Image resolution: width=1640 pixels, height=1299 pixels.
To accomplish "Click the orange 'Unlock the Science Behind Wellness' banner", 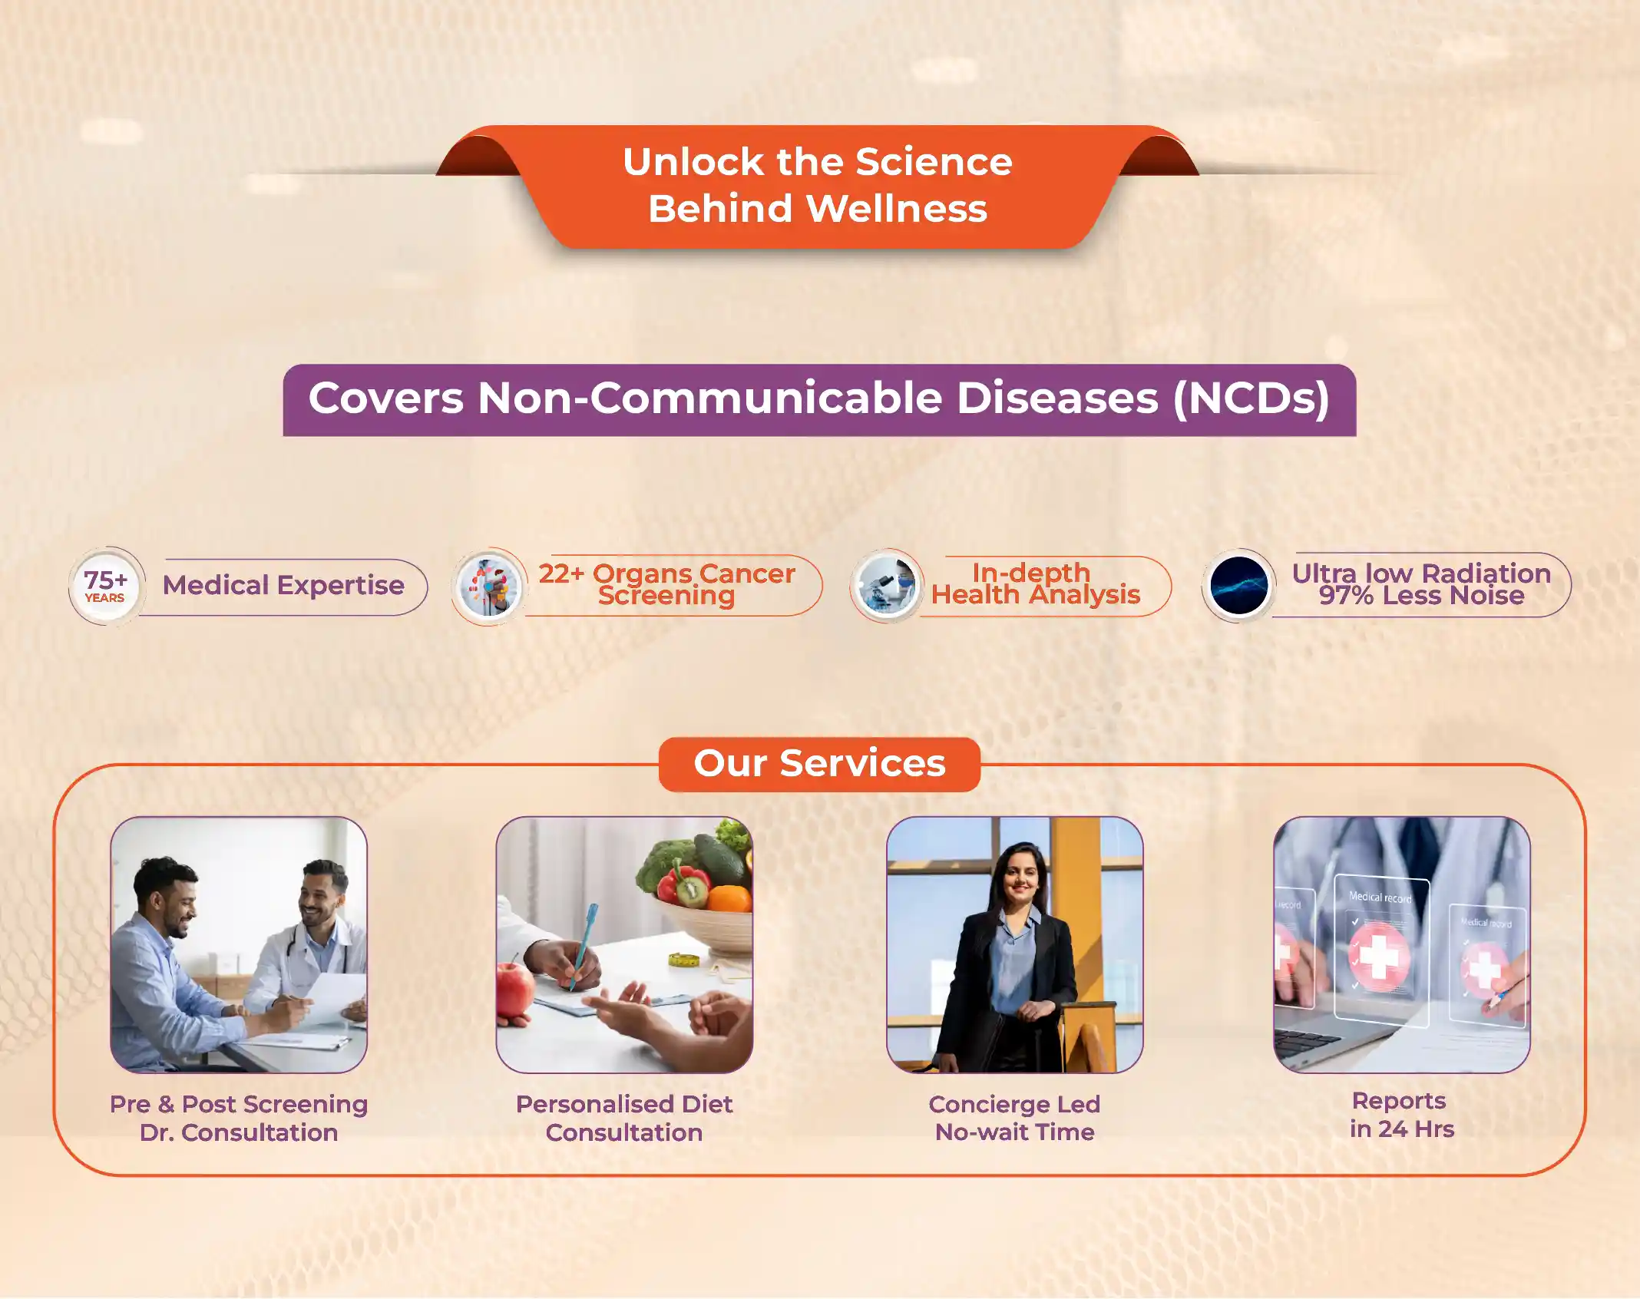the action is (x=818, y=186).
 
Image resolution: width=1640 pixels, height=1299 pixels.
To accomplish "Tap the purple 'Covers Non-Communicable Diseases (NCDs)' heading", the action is (x=819, y=400).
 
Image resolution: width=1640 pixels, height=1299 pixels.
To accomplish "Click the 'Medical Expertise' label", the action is (x=283, y=586).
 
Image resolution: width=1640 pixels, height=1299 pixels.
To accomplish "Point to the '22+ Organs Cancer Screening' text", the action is (x=666, y=584).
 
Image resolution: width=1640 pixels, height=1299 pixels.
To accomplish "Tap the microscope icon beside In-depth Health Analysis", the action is (x=887, y=586).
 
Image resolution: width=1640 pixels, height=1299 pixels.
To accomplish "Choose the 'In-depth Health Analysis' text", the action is (x=1036, y=583).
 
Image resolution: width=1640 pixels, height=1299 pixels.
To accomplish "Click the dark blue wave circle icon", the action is (x=1238, y=586).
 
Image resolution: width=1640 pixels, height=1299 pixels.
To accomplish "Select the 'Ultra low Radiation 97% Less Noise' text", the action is (x=1421, y=584).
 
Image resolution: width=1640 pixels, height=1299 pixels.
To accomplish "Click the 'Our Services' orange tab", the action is (x=819, y=764).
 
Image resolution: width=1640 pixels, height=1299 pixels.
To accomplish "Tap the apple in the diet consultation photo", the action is (x=514, y=994).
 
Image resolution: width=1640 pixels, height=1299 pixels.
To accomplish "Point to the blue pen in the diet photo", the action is (x=582, y=946).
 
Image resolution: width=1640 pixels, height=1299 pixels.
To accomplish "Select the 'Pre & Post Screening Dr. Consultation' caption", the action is (x=239, y=1119).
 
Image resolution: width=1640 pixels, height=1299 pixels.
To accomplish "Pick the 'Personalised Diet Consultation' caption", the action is (x=624, y=1119).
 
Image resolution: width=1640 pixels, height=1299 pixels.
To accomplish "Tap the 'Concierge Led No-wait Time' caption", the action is (x=1014, y=1118).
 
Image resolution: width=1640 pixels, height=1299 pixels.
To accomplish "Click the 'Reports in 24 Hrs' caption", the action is (x=1401, y=1115).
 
